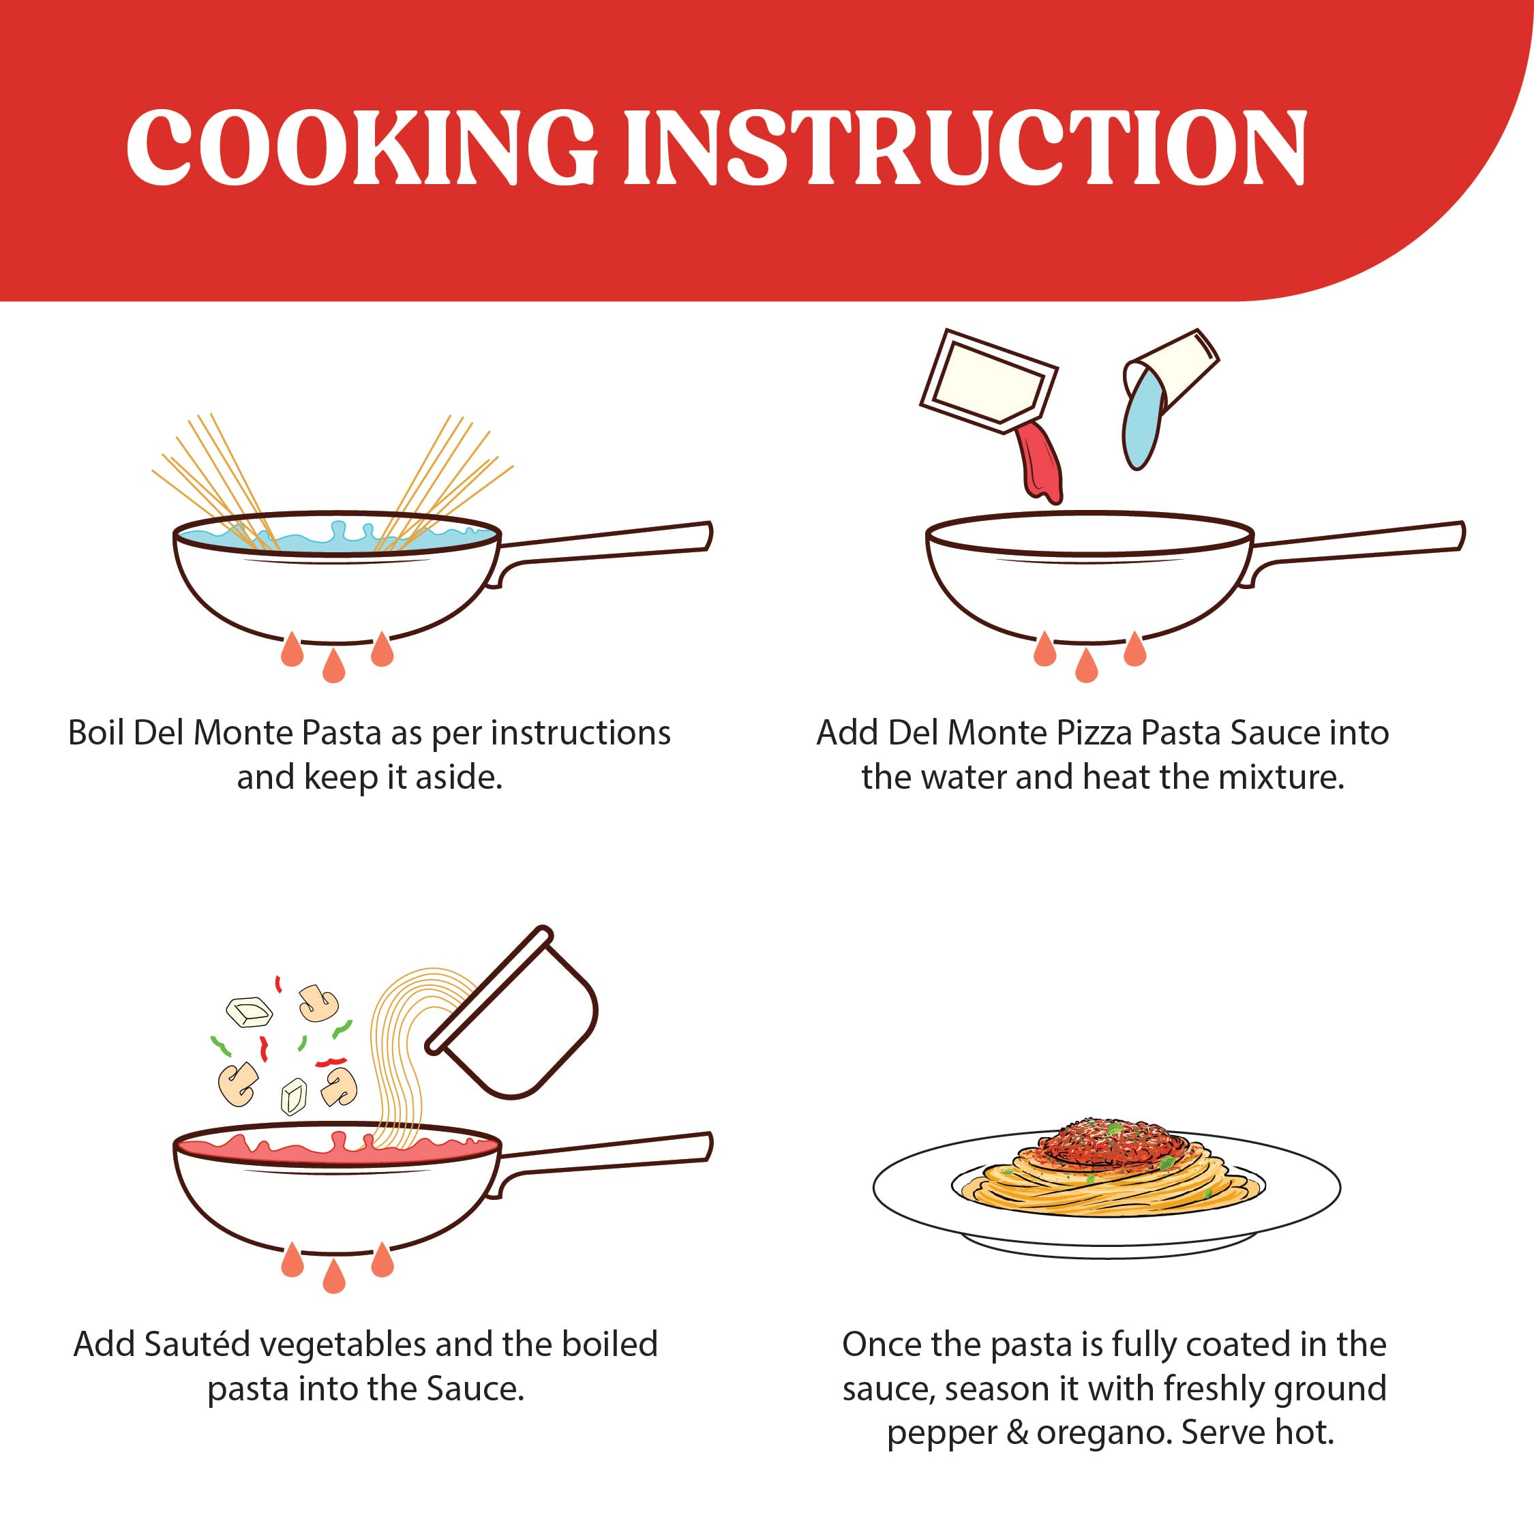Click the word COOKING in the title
point(361,149)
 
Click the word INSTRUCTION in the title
point(965,149)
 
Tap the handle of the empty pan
point(1357,551)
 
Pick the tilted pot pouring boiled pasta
point(512,1012)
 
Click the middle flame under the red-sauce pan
point(334,1277)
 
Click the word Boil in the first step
point(96,733)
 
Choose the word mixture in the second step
point(1280,777)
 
